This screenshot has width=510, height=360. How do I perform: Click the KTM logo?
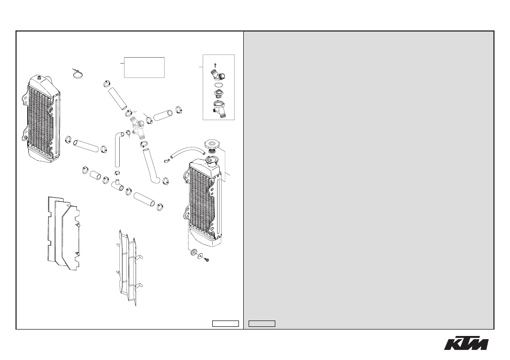click(x=466, y=342)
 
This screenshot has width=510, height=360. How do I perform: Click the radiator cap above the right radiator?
click(x=211, y=143)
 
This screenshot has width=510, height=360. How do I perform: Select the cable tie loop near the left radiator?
click(x=78, y=74)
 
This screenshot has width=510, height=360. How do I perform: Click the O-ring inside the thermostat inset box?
click(x=219, y=84)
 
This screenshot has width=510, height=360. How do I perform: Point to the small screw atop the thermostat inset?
click(x=215, y=65)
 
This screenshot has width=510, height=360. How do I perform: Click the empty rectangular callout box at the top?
click(x=144, y=68)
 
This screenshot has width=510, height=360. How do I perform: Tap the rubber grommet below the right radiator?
click(x=194, y=252)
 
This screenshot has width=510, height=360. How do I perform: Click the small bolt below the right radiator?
click(x=206, y=259)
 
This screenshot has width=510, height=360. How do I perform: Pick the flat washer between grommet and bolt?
click(x=200, y=256)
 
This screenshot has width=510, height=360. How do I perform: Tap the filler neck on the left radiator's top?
click(x=40, y=78)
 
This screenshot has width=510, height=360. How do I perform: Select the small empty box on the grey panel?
click(x=262, y=324)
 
